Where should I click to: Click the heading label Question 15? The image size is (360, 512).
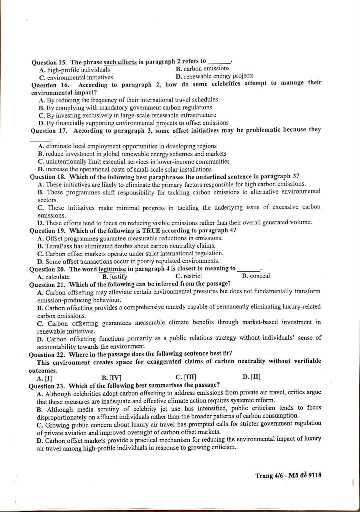49,62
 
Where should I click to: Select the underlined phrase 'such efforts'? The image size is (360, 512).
120,62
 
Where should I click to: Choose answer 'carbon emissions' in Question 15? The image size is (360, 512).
206,69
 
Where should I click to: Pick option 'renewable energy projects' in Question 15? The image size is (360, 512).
218,76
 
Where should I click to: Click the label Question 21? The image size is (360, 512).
48,284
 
